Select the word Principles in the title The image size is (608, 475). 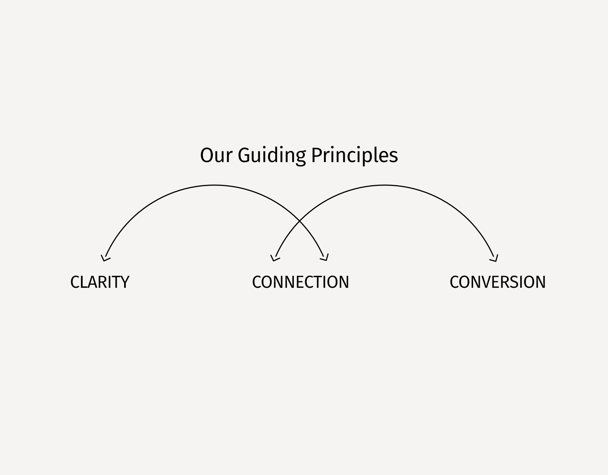tap(354, 155)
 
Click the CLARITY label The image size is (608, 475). tap(100, 282)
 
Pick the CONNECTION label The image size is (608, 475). tap(300, 282)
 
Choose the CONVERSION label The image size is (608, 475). tap(497, 282)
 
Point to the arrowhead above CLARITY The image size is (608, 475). tap(105, 258)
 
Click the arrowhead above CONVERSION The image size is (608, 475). tap(494, 258)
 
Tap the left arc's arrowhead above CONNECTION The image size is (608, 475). tap(325, 258)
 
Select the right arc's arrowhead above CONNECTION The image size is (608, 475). tap(275, 258)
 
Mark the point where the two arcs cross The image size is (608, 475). tap(300, 221)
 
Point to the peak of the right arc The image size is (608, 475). tap(385, 186)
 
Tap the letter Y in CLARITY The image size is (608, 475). tap(124, 282)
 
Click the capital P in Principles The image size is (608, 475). tap(317, 155)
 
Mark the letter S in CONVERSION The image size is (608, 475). tap(515, 282)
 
